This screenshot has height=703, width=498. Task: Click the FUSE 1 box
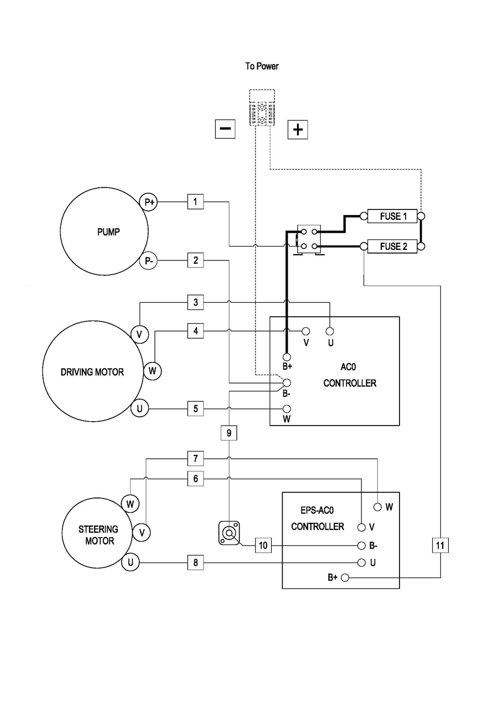[x=393, y=216]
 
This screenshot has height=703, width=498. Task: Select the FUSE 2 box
[x=393, y=246]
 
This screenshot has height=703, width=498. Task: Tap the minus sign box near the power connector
[x=225, y=129]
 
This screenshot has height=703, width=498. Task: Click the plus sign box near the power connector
[x=298, y=129]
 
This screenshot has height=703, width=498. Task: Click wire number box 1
[x=195, y=202]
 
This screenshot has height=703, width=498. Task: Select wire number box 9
[x=229, y=432]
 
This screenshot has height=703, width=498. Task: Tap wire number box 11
[x=440, y=545]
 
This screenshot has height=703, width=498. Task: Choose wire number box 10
[x=263, y=545]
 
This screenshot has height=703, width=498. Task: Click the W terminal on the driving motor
[x=153, y=371]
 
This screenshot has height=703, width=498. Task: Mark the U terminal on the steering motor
[x=131, y=563]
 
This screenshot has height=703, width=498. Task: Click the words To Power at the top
[x=262, y=66]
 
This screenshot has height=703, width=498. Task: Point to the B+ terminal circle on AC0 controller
[x=287, y=356]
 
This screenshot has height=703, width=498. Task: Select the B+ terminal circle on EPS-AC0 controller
[x=345, y=578]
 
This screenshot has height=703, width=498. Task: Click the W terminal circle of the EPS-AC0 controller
[x=377, y=506]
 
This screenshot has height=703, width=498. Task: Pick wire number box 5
[x=195, y=409]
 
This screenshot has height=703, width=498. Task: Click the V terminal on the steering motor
[x=142, y=532]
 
